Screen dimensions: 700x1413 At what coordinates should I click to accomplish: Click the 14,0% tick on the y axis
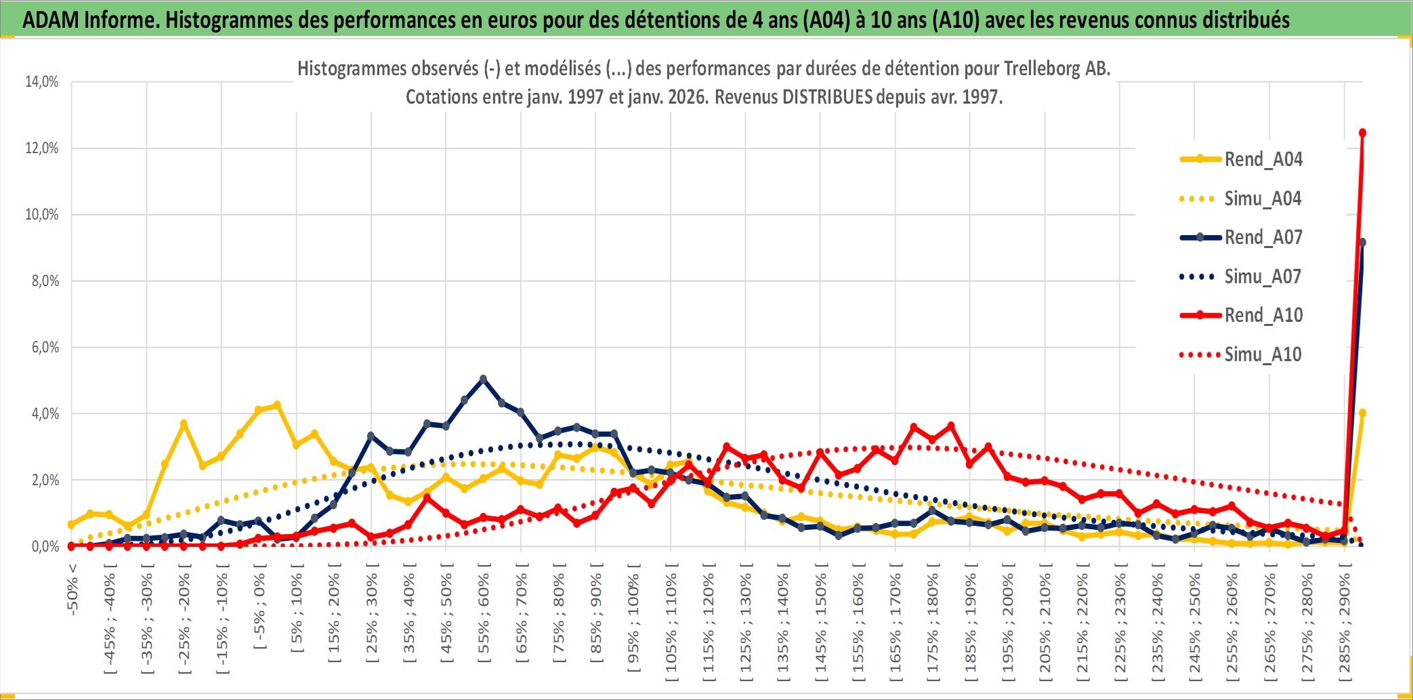point(42,82)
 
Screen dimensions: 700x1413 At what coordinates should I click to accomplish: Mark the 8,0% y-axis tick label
point(45,281)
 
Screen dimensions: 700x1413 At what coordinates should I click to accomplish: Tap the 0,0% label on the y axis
point(45,546)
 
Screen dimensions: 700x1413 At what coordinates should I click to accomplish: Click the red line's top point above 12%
point(1362,133)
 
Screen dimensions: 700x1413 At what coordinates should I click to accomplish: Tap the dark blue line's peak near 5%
point(483,379)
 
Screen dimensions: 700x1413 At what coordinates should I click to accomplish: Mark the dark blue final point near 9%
point(1362,243)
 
